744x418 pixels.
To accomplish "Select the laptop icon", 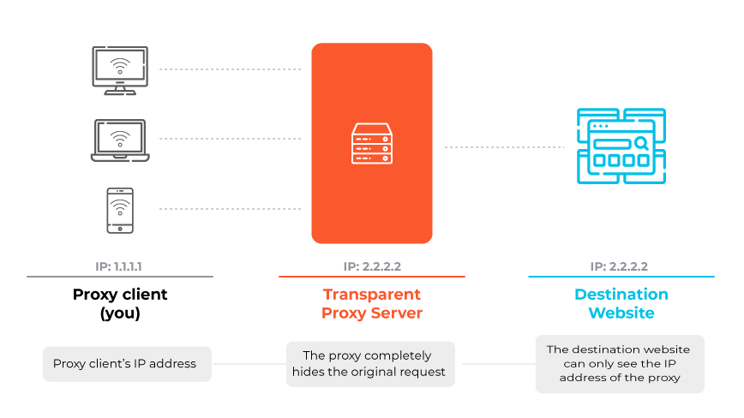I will pyautogui.click(x=120, y=140).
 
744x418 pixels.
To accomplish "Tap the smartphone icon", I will pyautogui.click(x=120, y=210).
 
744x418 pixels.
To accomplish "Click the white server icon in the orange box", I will pyautogui.click(x=371, y=144).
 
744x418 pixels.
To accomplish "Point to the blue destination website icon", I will pyautogui.click(x=621, y=146).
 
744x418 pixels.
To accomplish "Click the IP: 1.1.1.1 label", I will pyautogui.click(x=119, y=266).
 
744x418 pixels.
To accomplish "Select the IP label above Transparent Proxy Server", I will pyautogui.click(x=371, y=266).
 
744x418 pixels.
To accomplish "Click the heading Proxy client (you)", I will pyautogui.click(x=120, y=303).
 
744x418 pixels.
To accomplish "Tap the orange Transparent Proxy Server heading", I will pyautogui.click(x=371, y=303).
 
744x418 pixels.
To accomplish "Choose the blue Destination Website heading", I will pyautogui.click(x=621, y=303).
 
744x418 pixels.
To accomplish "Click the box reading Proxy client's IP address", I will pyautogui.click(x=126, y=364).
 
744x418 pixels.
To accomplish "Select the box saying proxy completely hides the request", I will pyautogui.click(x=371, y=364).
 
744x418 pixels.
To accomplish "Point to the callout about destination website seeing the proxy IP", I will pyautogui.click(x=620, y=364).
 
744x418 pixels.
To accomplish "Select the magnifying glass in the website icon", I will pyautogui.click(x=639, y=143).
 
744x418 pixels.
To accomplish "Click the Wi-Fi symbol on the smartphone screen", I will pyautogui.click(x=120, y=206).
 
